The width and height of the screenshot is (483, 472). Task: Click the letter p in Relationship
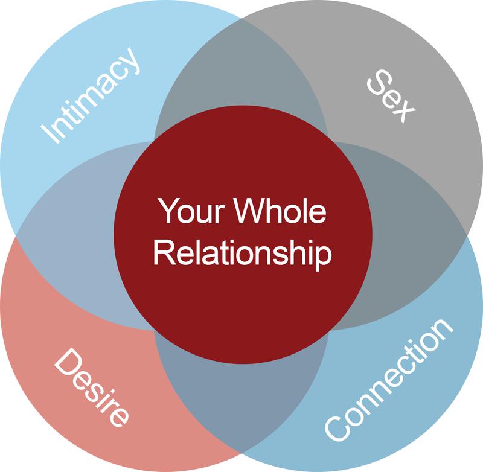324,255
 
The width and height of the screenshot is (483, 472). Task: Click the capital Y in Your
168,211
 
